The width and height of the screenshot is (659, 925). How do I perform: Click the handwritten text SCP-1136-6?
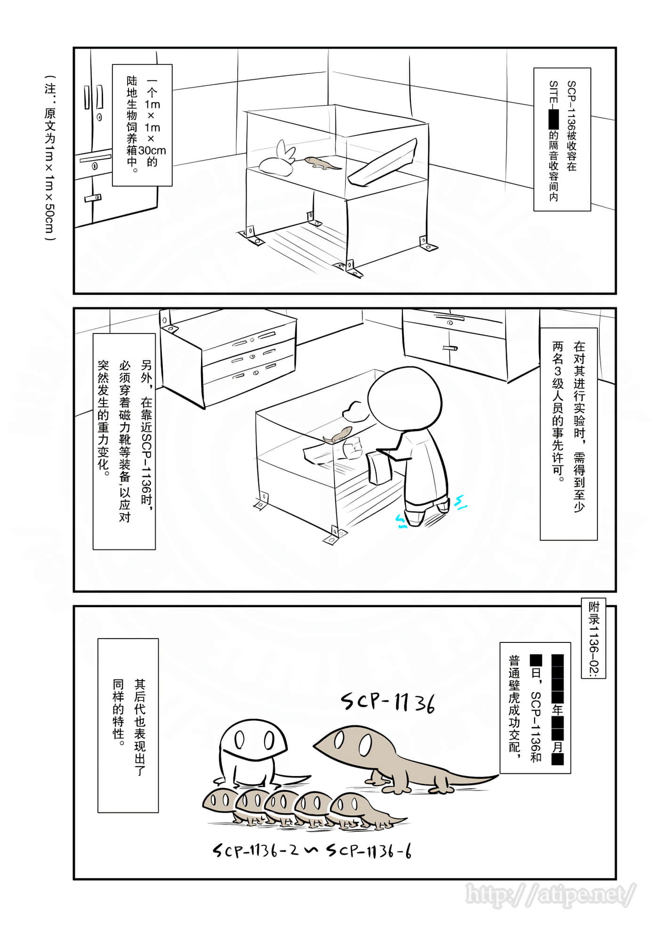(x=369, y=852)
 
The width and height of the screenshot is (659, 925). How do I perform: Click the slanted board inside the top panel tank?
(x=384, y=163)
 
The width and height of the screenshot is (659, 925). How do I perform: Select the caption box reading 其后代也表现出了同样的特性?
(x=128, y=725)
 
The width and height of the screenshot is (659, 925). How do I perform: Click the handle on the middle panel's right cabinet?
(x=450, y=348)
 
